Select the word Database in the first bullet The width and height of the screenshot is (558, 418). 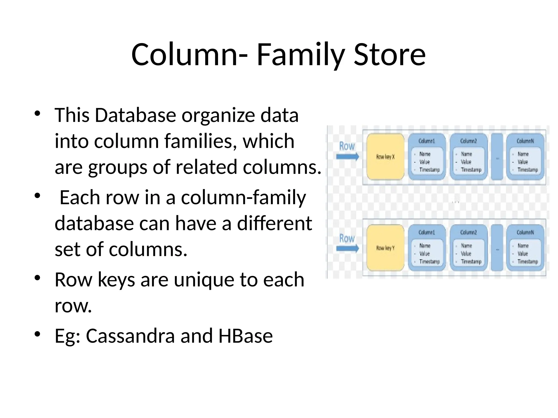(135, 115)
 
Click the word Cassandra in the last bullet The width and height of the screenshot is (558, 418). (130, 336)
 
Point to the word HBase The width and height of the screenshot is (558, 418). (245, 336)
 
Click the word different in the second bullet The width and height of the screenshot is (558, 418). (274, 223)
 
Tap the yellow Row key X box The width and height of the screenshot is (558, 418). (385, 157)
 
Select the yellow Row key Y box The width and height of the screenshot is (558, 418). (385, 248)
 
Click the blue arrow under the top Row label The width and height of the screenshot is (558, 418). (347, 157)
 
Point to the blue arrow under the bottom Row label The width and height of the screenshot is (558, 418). (347, 248)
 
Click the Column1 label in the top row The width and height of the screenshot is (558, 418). (427, 141)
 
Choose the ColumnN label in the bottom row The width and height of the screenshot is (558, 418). (525, 232)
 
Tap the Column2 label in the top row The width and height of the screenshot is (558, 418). (468, 141)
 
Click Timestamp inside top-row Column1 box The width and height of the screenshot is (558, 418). (429, 170)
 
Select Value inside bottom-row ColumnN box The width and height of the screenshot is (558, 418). (523, 254)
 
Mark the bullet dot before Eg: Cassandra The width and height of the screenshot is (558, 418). (38, 334)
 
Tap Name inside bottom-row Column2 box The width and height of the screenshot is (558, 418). (466, 246)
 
